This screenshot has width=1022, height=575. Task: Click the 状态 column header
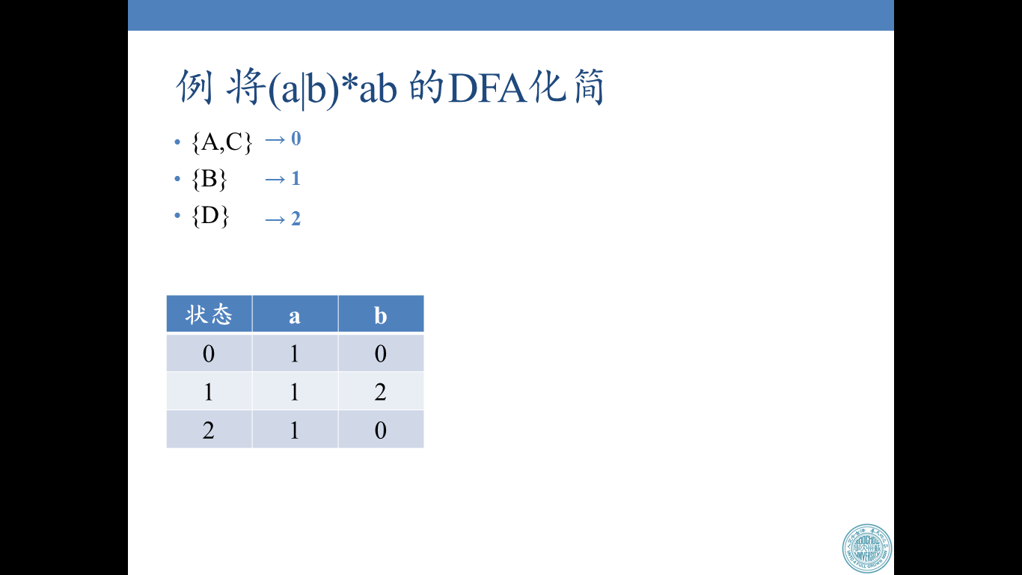209,314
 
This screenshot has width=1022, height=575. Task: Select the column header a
295,316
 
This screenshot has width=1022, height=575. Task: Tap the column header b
381,316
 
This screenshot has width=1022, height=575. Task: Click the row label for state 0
209,353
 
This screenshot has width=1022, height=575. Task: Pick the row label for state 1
209,392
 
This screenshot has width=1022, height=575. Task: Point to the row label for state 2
209,430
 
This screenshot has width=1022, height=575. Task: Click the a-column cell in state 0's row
295,353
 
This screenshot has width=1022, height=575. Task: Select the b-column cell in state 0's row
381,353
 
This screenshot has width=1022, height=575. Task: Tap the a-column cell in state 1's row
295,392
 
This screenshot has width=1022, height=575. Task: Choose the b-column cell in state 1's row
381,392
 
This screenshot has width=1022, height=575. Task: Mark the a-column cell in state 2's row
295,430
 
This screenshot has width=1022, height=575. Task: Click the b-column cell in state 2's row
381,430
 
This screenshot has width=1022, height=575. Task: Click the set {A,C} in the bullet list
222,142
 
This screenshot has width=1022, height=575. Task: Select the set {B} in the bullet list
209,180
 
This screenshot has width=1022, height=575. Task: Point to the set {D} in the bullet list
210,217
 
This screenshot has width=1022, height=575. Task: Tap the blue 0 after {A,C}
296,139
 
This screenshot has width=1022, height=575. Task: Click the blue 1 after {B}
296,178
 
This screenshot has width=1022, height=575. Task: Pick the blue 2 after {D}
296,219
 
